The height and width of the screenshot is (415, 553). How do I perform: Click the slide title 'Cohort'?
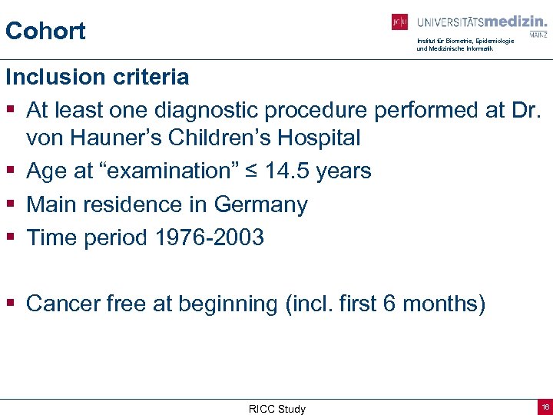coord(45,32)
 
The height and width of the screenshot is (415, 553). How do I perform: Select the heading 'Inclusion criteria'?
coord(97,77)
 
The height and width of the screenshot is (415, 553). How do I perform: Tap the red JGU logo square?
coord(399,22)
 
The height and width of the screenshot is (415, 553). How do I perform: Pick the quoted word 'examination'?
coord(174,171)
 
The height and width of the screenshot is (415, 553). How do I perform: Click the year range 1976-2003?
coord(210,238)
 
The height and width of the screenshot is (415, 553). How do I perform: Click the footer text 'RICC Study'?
coord(276,409)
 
